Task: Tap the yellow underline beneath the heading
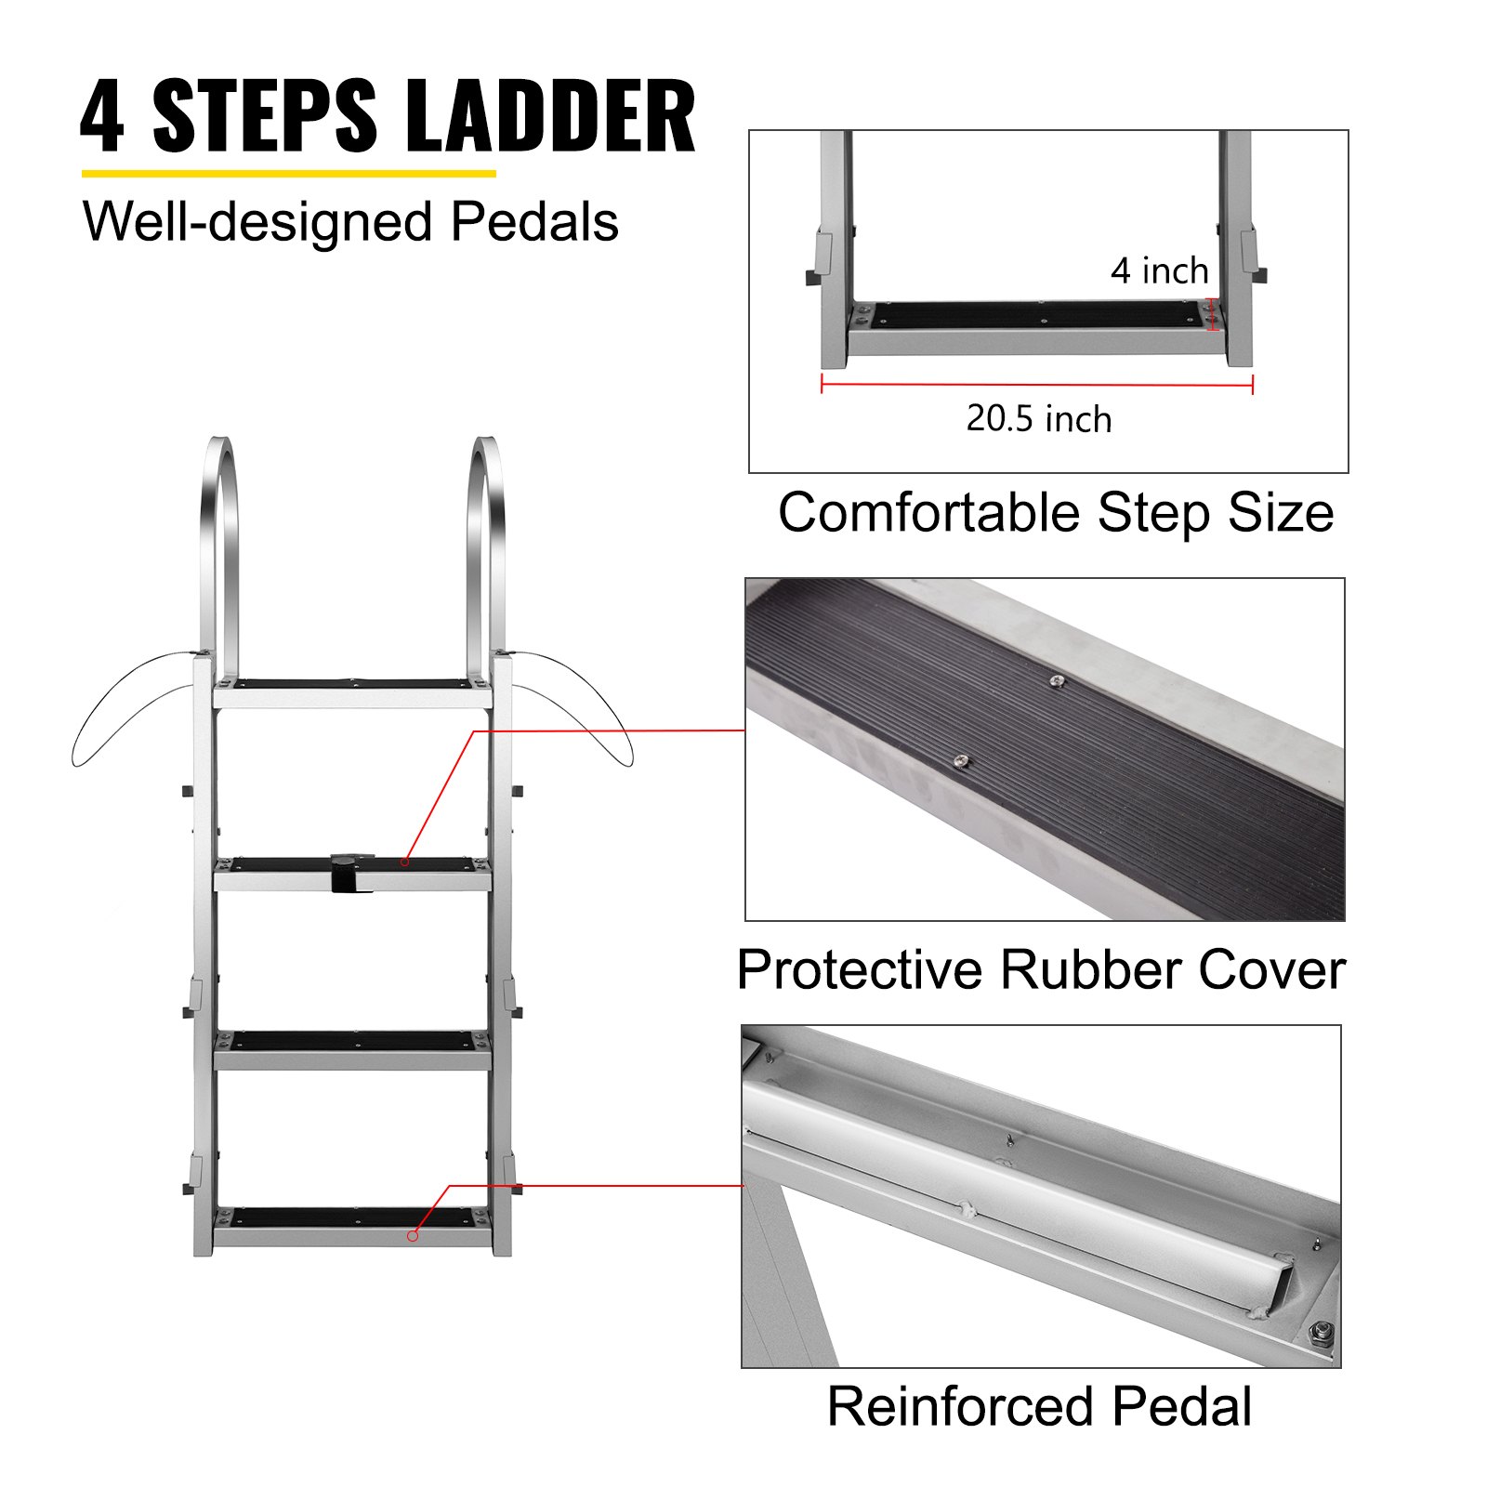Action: click(288, 173)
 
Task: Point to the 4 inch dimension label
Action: click(1159, 271)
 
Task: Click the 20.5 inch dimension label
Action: click(1038, 419)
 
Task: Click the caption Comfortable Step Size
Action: click(1055, 513)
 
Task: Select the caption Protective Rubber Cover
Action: click(1040, 970)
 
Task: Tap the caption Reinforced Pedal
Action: click(1039, 1406)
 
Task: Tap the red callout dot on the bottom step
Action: click(413, 1236)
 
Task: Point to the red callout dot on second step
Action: click(404, 862)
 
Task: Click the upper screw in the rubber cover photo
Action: click(1057, 683)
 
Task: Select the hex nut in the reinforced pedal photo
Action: click(1317, 1336)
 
